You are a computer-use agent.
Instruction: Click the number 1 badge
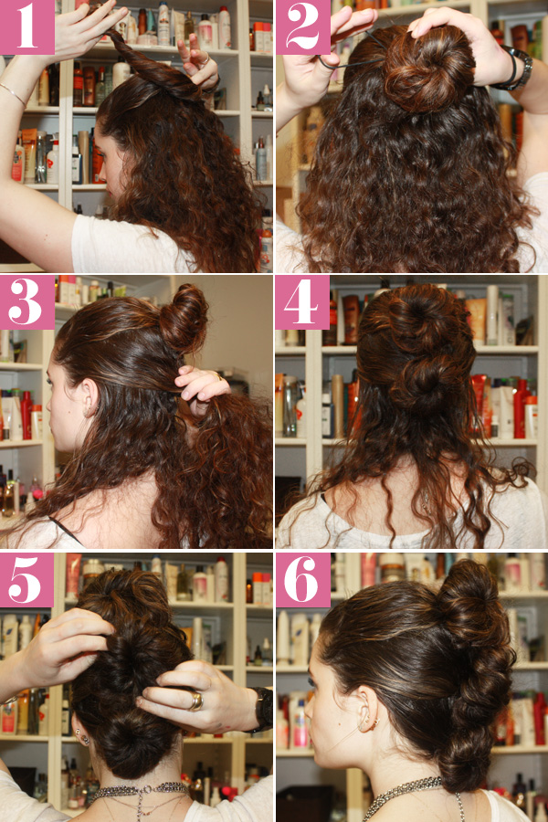pos(27,27)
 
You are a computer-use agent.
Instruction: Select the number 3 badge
pos(27,303)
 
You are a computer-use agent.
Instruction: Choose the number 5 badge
pos(27,578)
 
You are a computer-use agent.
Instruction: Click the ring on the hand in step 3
pos(219,375)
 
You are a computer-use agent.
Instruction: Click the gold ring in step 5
pos(196,701)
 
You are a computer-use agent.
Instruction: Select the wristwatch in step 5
pos(263,708)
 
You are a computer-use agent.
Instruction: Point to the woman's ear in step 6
pos(367,717)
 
